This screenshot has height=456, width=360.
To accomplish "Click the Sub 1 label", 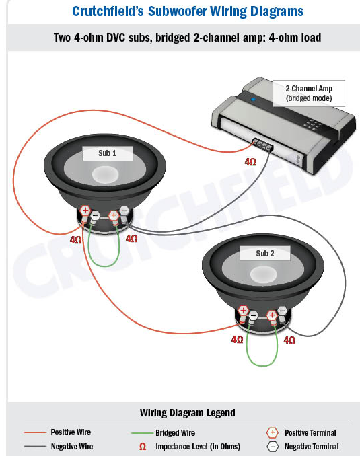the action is (108, 153).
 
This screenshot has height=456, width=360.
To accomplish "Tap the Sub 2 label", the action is (265, 254).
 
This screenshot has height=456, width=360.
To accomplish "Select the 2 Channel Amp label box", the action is (309, 93).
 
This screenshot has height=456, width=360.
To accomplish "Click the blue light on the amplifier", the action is (253, 99).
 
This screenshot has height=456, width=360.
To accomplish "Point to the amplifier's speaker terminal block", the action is (262, 145).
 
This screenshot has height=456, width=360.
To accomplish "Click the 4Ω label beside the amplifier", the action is (250, 161).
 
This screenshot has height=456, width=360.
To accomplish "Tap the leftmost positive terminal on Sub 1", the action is (85, 211).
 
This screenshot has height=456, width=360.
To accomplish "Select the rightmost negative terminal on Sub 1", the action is (124, 211).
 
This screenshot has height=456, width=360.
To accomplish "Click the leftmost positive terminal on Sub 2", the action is (243, 310).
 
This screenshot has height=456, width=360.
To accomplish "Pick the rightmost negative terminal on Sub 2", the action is (282, 311).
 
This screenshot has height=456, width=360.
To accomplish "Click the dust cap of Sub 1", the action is (105, 174).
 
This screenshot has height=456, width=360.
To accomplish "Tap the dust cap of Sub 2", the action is (263, 274).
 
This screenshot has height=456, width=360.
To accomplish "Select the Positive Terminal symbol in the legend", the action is (273, 432).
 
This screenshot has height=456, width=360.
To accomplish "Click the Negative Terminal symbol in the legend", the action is (273, 447).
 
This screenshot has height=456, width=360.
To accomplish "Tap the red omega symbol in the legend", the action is (143, 447).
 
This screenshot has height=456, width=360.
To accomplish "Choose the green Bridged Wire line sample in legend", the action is (142, 433).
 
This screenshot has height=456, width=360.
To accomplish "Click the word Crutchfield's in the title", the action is (108, 11).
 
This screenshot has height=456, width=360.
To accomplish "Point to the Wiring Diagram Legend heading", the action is (188, 413).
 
